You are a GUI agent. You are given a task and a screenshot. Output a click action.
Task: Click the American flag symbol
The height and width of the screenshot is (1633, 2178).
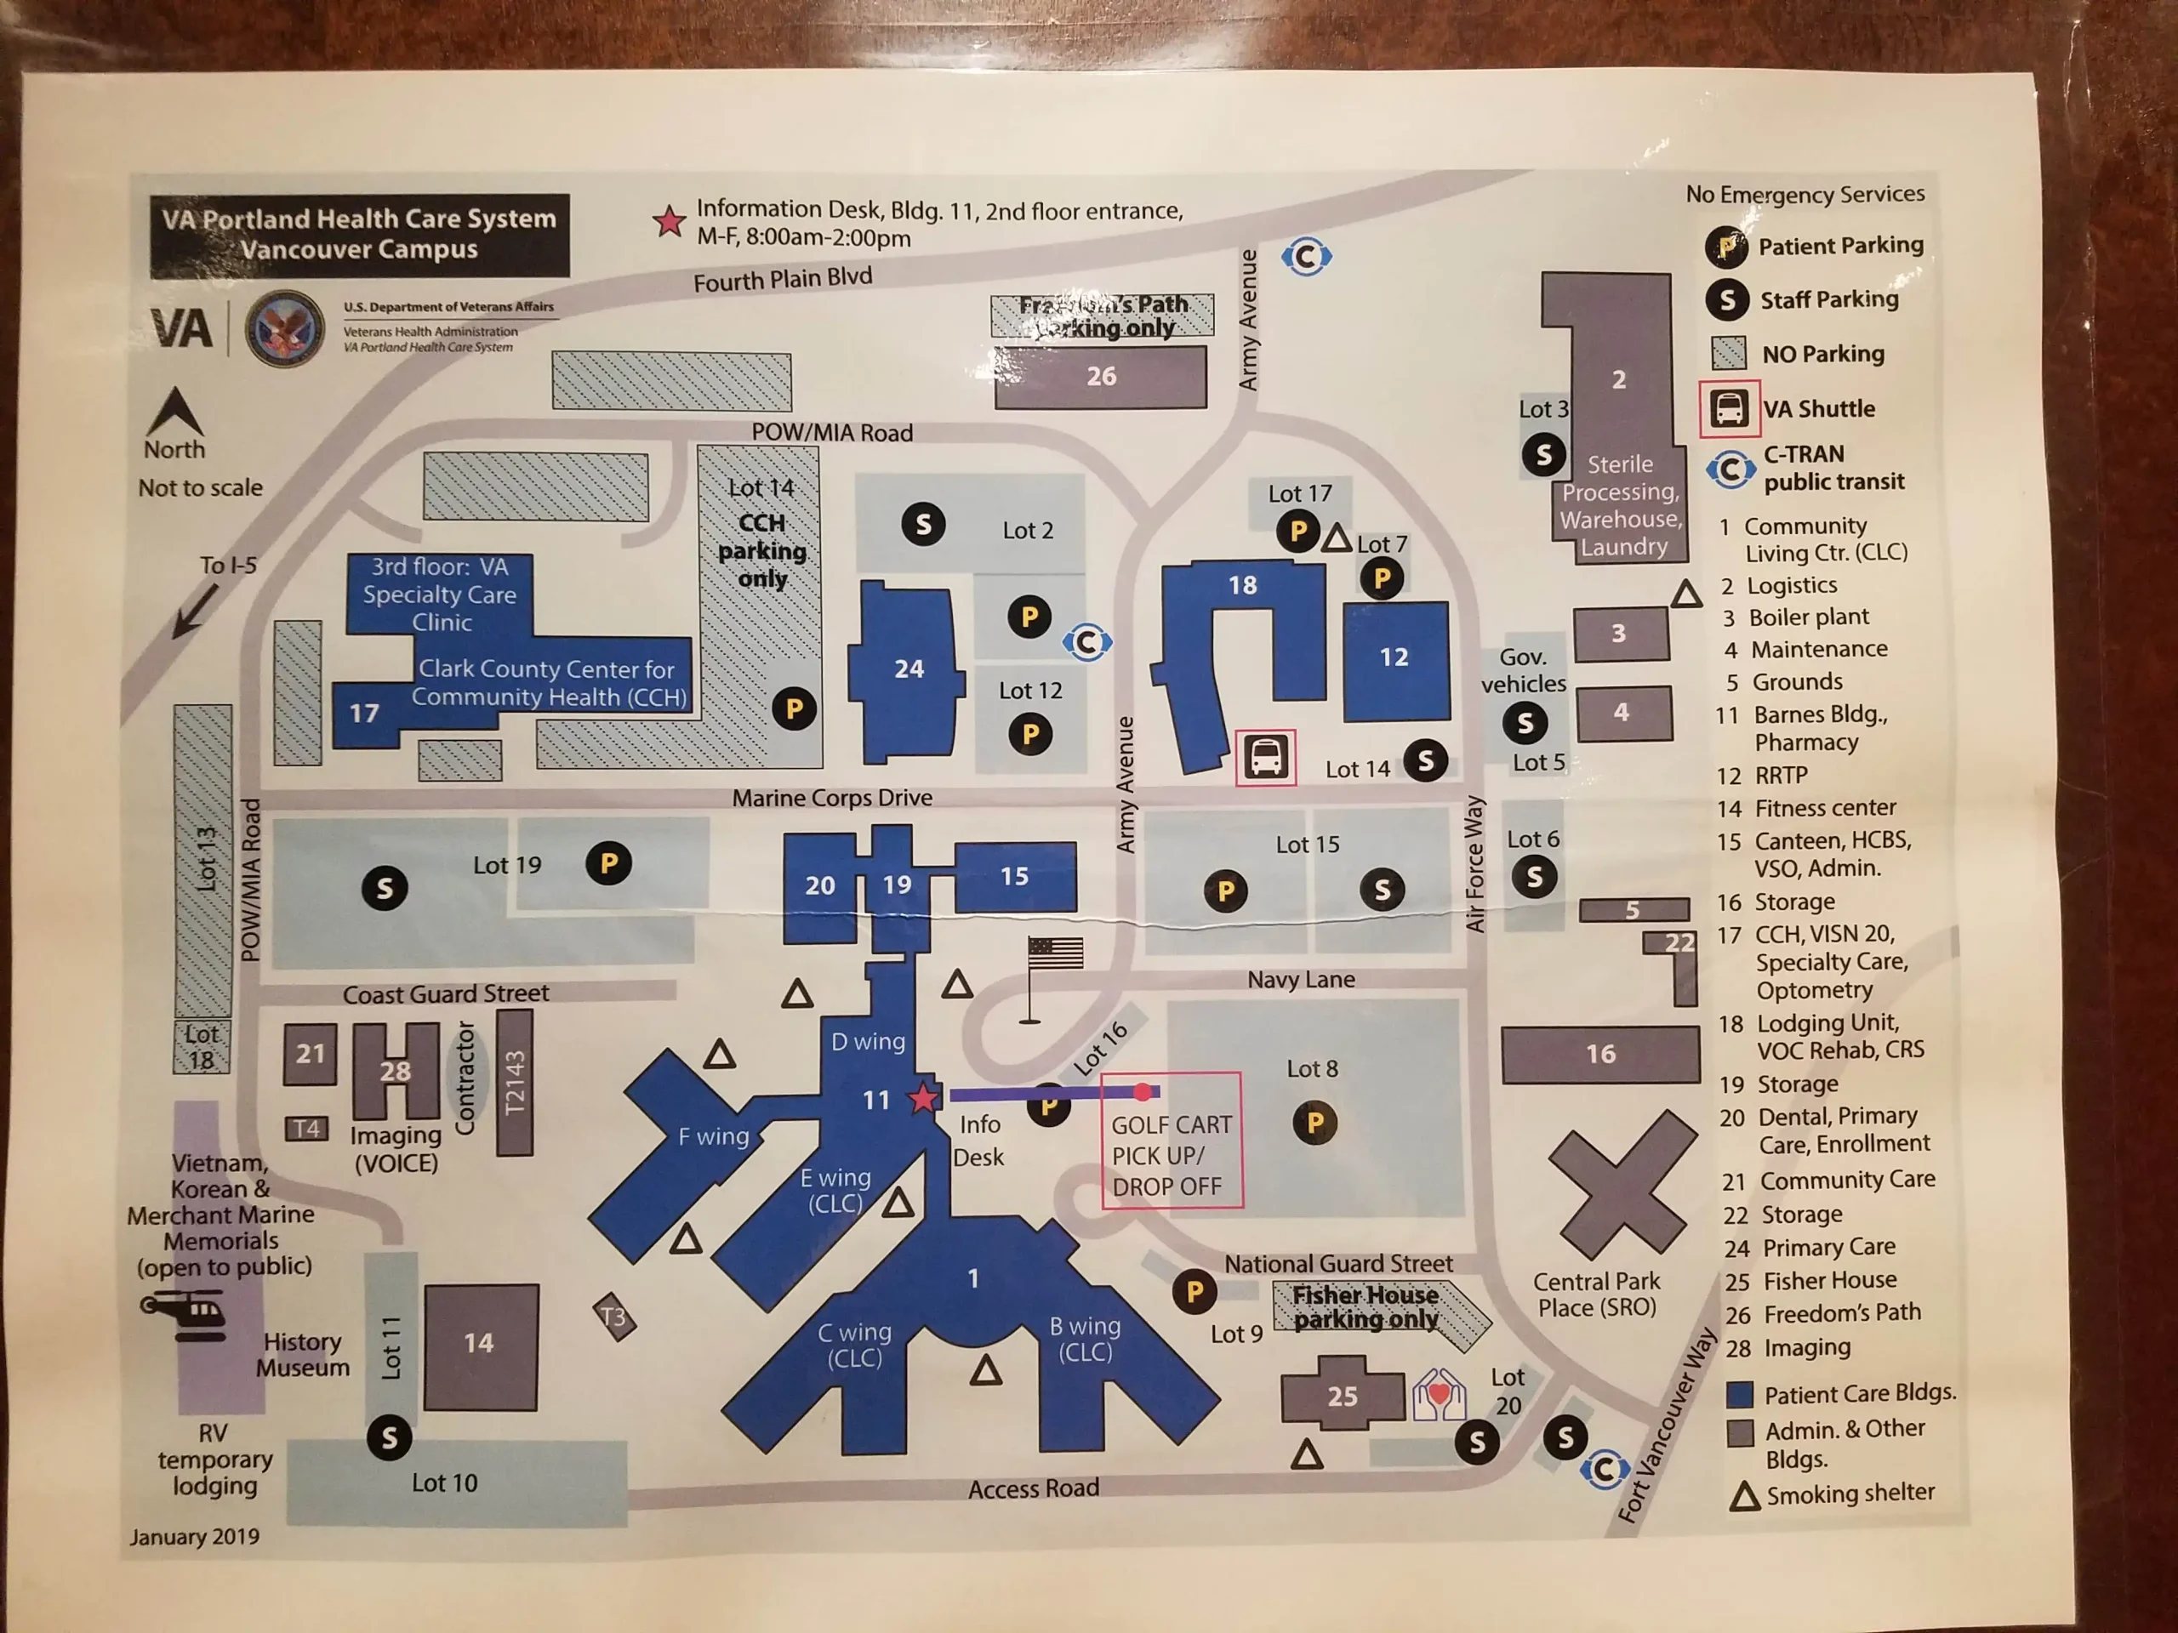(1054, 953)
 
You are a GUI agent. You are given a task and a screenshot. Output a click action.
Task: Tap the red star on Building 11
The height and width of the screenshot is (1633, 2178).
(922, 1096)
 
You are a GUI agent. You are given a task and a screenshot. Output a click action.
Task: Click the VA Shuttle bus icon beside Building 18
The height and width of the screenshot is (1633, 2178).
(1265, 757)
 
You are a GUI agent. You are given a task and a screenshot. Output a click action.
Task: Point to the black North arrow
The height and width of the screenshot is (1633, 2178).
(174, 412)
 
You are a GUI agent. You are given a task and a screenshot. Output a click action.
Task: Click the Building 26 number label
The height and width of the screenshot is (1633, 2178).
(1101, 376)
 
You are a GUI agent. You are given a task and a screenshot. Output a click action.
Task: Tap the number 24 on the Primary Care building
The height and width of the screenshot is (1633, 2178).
(909, 669)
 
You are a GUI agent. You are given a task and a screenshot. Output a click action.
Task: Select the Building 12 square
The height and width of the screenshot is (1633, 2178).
(1395, 659)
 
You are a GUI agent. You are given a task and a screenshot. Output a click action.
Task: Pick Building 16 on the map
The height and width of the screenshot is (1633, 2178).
(1600, 1054)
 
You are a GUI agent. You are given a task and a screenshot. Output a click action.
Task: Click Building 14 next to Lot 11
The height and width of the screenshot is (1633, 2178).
(481, 1345)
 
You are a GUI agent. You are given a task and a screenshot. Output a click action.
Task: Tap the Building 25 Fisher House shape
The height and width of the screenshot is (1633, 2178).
(1342, 1394)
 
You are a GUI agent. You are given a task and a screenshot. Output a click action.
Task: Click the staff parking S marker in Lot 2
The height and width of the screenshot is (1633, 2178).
(922, 525)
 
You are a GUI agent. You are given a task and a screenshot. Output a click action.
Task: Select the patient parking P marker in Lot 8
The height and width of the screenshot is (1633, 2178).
(1314, 1122)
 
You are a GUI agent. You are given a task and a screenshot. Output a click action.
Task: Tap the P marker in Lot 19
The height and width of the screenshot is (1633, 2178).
(608, 863)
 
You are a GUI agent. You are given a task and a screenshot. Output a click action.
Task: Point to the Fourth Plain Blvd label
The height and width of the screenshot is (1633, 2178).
(783, 280)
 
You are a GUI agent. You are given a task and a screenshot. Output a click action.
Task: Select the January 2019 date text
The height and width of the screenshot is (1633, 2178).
(195, 1537)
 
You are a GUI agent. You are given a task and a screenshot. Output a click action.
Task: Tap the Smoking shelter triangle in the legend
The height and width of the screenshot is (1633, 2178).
(1745, 1496)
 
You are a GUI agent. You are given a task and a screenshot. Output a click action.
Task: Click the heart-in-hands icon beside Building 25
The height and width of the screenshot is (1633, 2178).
(1439, 1394)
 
